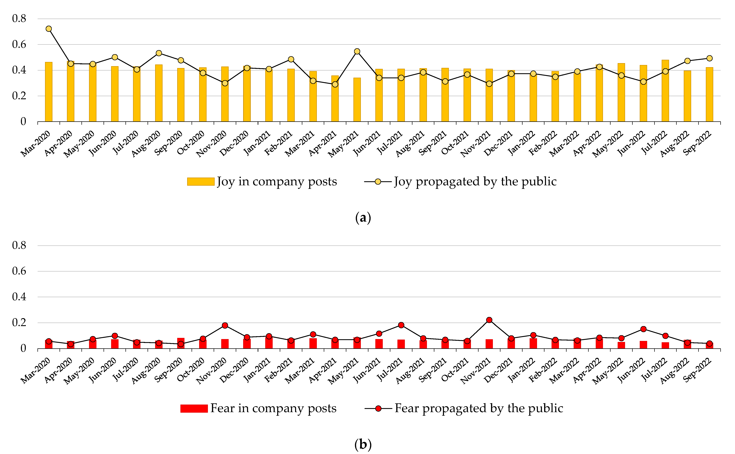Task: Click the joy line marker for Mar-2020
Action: click(49, 29)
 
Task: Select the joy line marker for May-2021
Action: click(357, 51)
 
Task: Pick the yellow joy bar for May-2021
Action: click(357, 100)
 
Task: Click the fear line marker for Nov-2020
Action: click(225, 326)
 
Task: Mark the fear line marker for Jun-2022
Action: click(643, 329)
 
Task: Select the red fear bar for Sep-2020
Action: click(181, 343)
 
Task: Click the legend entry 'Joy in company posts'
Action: click(262, 181)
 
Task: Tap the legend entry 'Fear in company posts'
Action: click(258, 408)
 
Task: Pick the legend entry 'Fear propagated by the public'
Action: click(464, 408)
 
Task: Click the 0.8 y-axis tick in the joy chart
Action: click(19, 19)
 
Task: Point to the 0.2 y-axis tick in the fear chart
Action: click(19, 323)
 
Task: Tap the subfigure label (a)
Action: click(363, 218)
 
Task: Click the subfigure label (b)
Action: click(363, 444)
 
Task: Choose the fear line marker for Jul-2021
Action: click(401, 325)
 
